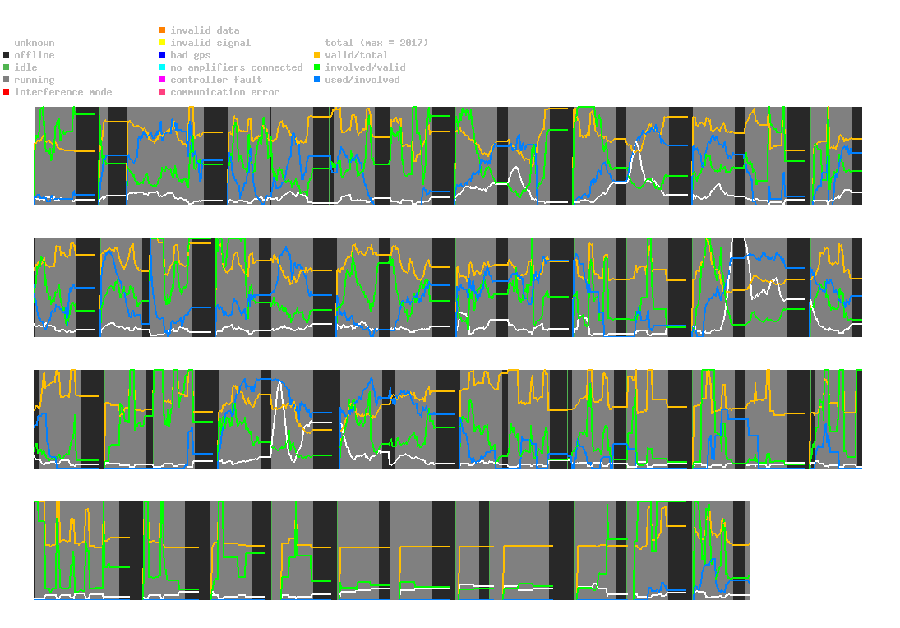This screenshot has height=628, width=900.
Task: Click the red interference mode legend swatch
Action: (7, 92)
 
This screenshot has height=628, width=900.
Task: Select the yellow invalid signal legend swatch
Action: (163, 43)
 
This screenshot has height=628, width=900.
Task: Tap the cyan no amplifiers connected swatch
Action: (163, 67)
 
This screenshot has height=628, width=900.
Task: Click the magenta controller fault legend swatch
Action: (163, 80)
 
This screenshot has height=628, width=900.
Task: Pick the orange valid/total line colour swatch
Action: (317, 55)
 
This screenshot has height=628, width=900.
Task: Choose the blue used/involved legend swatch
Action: (317, 80)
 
